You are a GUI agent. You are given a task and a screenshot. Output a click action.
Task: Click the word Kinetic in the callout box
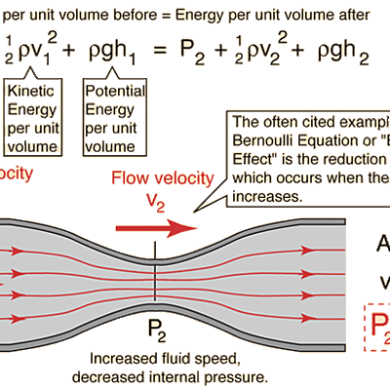point(35,93)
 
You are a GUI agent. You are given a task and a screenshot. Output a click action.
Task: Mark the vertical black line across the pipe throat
point(156,283)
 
